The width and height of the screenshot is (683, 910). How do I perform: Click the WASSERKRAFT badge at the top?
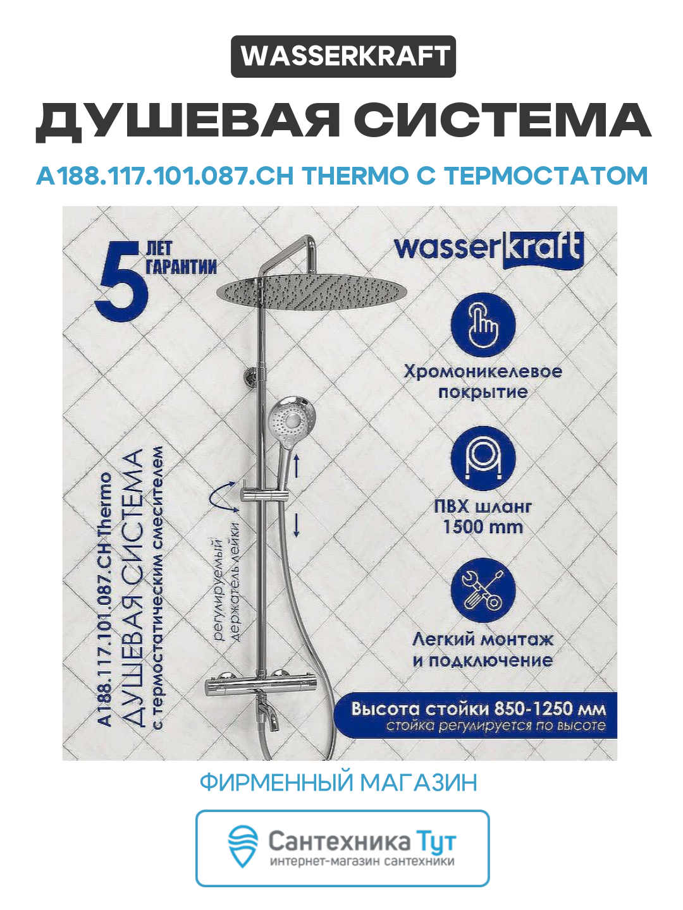tap(343, 57)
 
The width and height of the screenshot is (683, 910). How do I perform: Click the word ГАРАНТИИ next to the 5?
tap(182, 267)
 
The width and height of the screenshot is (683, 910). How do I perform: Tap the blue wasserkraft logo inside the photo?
tap(488, 249)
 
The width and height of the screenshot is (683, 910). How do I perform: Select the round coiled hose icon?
tap(483, 459)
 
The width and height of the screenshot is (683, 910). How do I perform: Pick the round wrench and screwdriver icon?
tap(483, 591)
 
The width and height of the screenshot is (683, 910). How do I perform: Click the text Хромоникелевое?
tap(483, 371)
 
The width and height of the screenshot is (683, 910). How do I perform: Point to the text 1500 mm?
tap(483, 526)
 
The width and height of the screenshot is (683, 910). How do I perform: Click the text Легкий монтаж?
tap(483, 640)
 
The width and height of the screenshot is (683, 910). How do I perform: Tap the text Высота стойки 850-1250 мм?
tap(478, 708)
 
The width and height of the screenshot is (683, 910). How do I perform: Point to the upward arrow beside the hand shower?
tap(296, 467)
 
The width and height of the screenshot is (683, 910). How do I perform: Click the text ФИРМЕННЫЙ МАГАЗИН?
tap(338, 782)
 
